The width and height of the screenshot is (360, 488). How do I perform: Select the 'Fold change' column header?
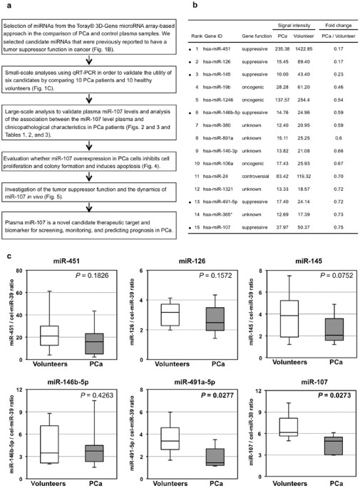pos(344,21)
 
